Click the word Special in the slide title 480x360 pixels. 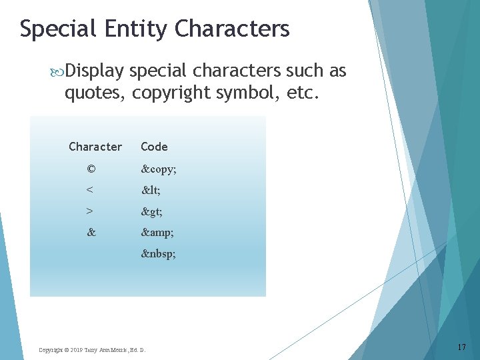pyautogui.click(x=57, y=29)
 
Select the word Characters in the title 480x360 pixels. pyautogui.click(x=233, y=29)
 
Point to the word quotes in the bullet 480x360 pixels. pyautogui.click(x=93, y=93)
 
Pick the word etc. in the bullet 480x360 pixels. pyautogui.click(x=303, y=93)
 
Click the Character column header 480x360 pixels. pyautogui.click(x=95, y=147)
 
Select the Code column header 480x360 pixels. pyautogui.click(x=154, y=147)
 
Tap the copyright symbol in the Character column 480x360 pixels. pyautogui.click(x=91, y=169)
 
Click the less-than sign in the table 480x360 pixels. pyautogui.click(x=90, y=191)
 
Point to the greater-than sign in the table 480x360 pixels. pyautogui.click(x=90, y=212)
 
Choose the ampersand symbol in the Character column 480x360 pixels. pyautogui.click(x=91, y=233)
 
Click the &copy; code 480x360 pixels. pyautogui.click(x=159, y=169)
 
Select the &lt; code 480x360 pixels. pyautogui.click(x=151, y=191)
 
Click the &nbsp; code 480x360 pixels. pyautogui.click(x=159, y=254)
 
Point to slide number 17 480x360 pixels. pyautogui.click(x=462, y=347)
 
